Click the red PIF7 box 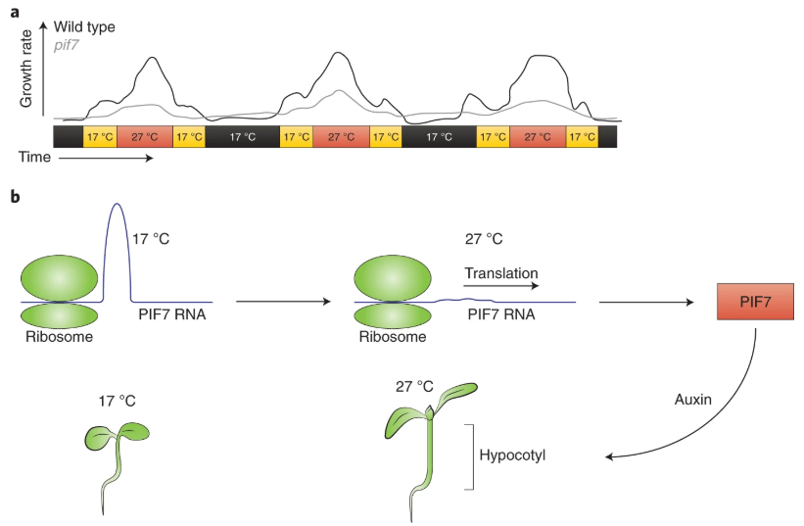(x=753, y=302)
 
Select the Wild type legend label (x=84, y=27)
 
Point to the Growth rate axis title (x=27, y=73)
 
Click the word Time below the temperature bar (x=35, y=157)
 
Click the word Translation (x=501, y=273)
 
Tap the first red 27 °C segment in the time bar (x=145, y=137)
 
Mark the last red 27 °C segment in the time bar (x=538, y=137)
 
